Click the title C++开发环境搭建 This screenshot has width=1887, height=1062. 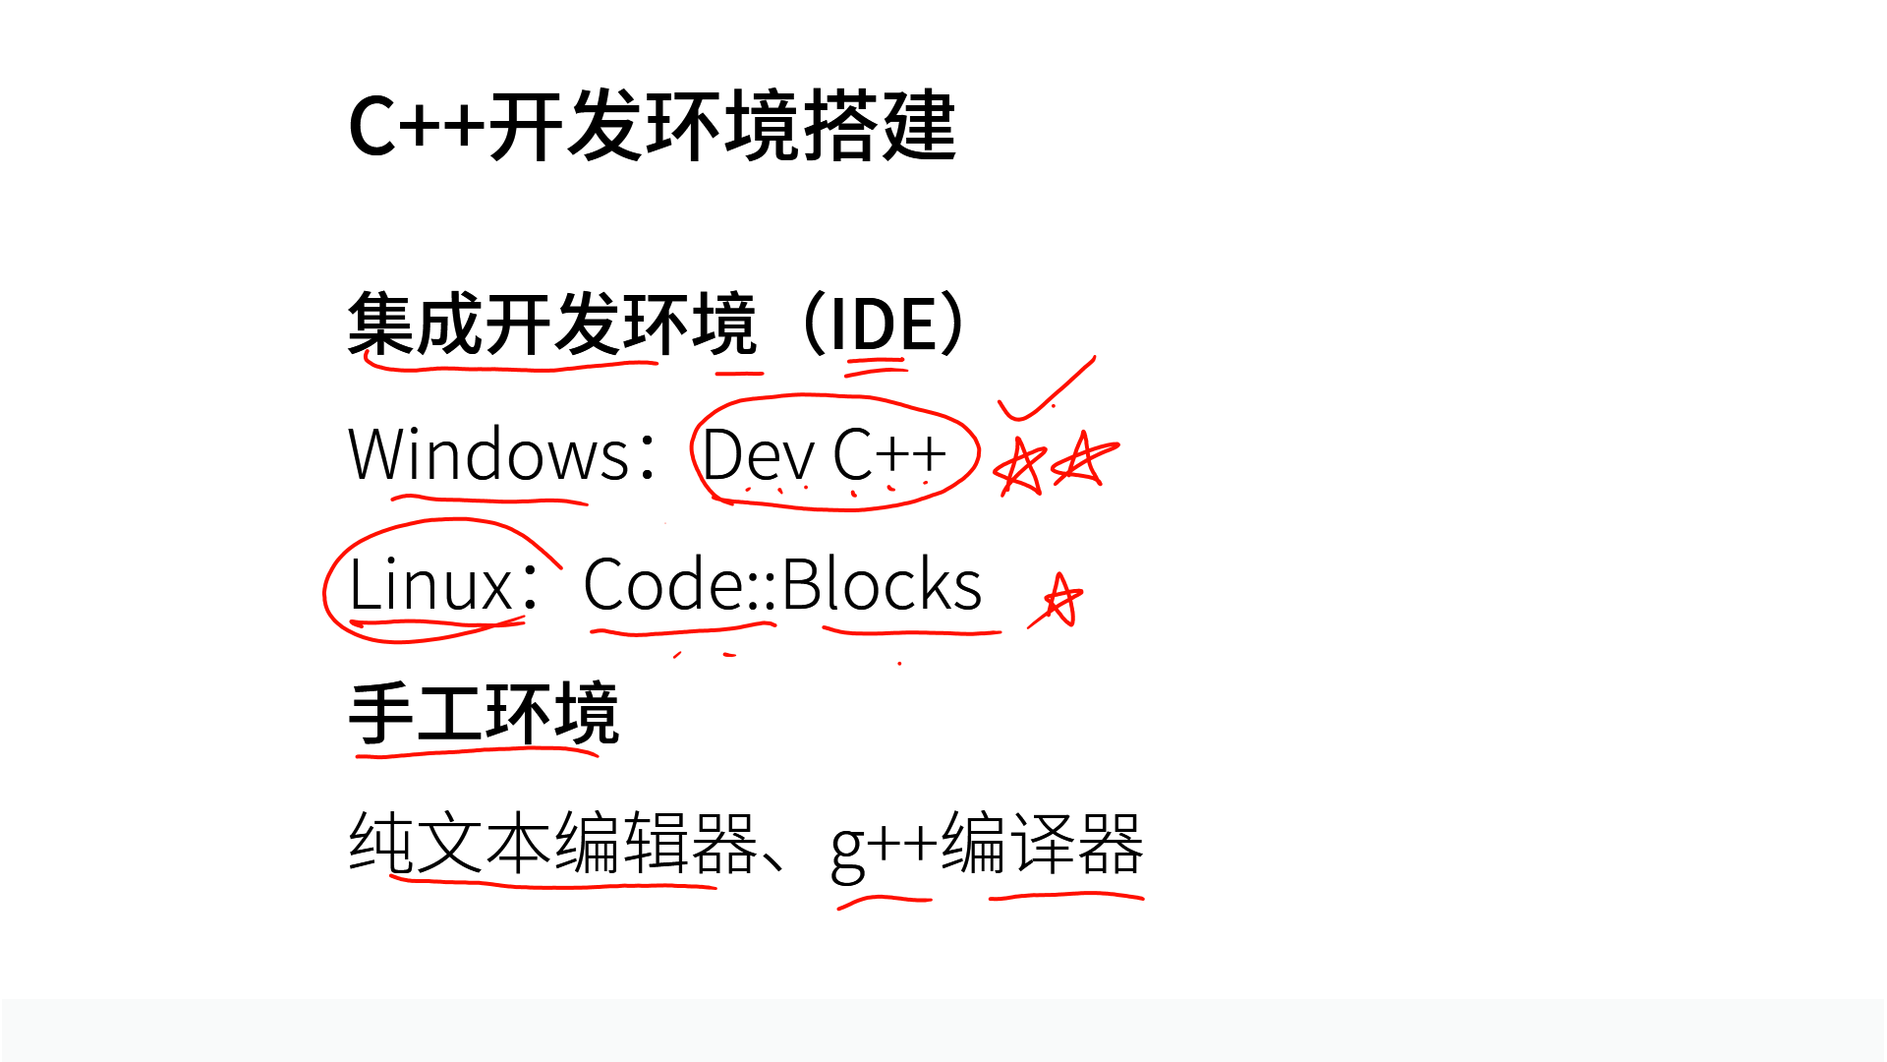click(653, 126)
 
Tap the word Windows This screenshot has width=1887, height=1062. click(488, 454)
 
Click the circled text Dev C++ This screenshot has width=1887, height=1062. click(824, 454)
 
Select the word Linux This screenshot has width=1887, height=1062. click(429, 585)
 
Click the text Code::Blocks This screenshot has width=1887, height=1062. click(782, 585)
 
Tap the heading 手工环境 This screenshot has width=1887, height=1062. click(484, 714)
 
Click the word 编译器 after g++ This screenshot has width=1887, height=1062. click(1042, 844)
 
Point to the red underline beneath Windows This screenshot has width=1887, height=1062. click(489, 501)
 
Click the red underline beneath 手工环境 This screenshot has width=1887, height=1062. click(478, 753)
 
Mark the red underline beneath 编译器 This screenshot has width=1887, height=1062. click(1066, 896)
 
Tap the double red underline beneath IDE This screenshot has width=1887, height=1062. click(876, 368)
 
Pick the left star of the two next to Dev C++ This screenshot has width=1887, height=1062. click(1018, 466)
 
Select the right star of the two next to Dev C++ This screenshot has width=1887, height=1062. click(1085, 459)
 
